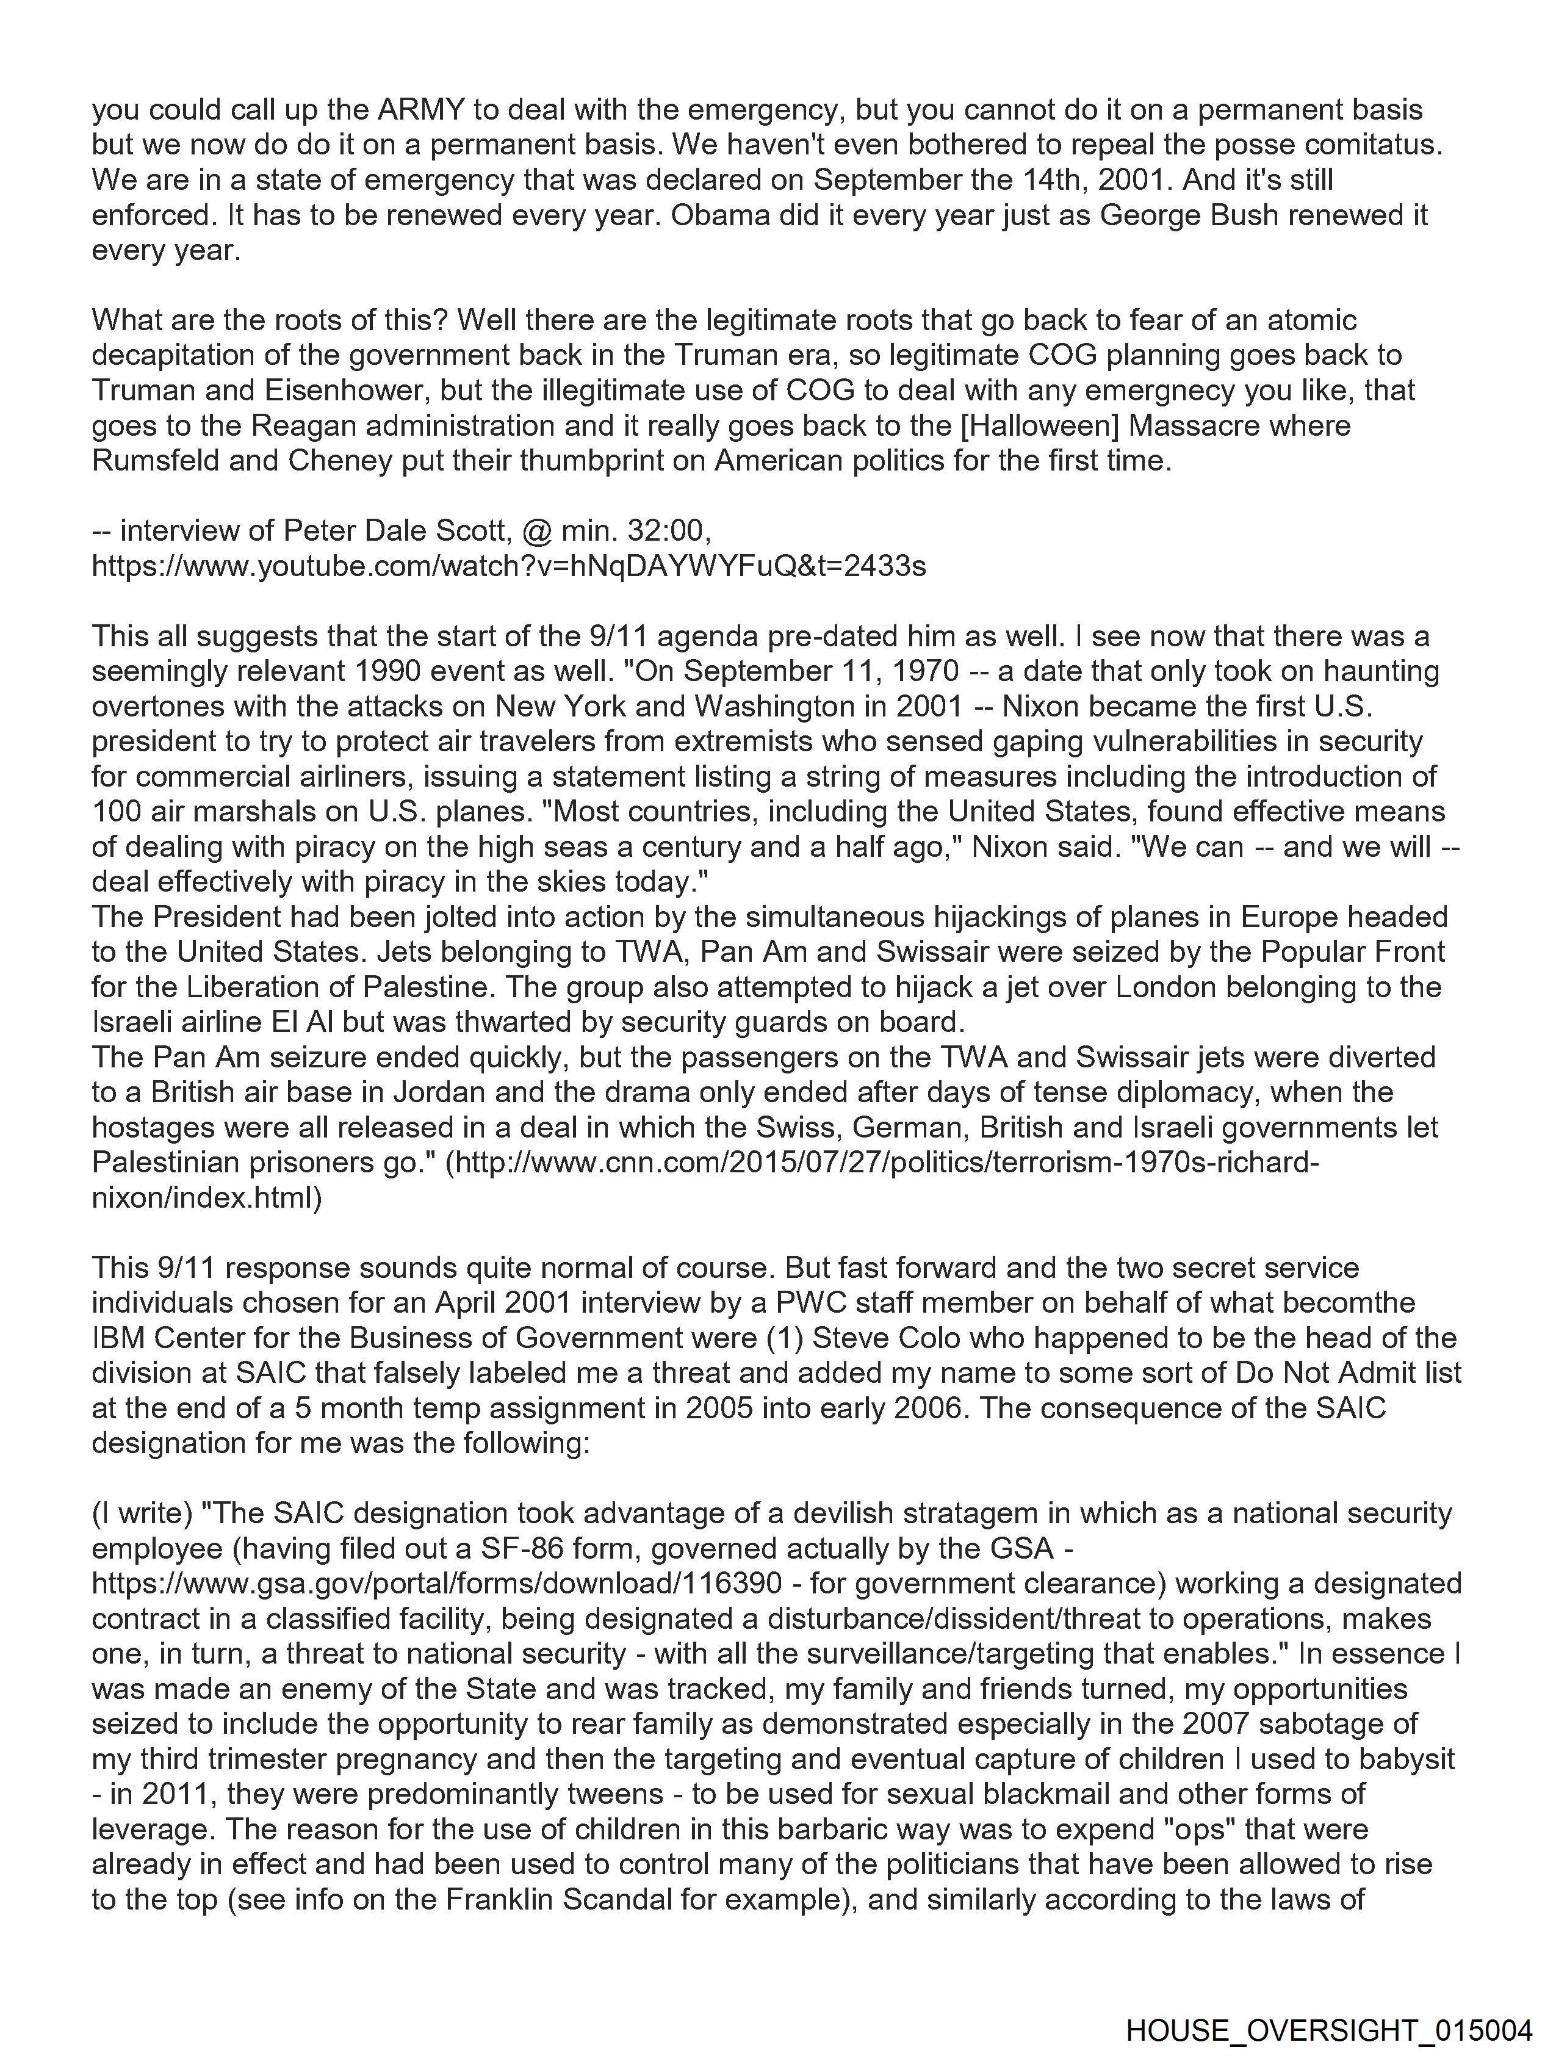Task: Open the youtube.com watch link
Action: click(x=508, y=566)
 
